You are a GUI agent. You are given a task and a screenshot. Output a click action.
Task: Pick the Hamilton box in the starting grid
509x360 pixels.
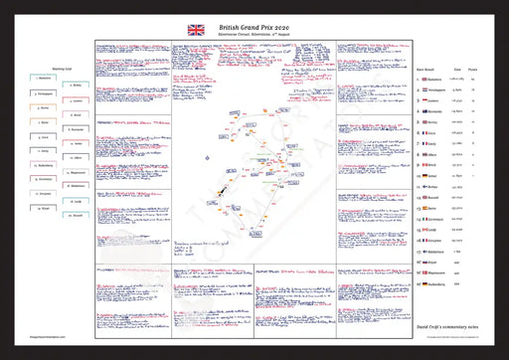point(37,79)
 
